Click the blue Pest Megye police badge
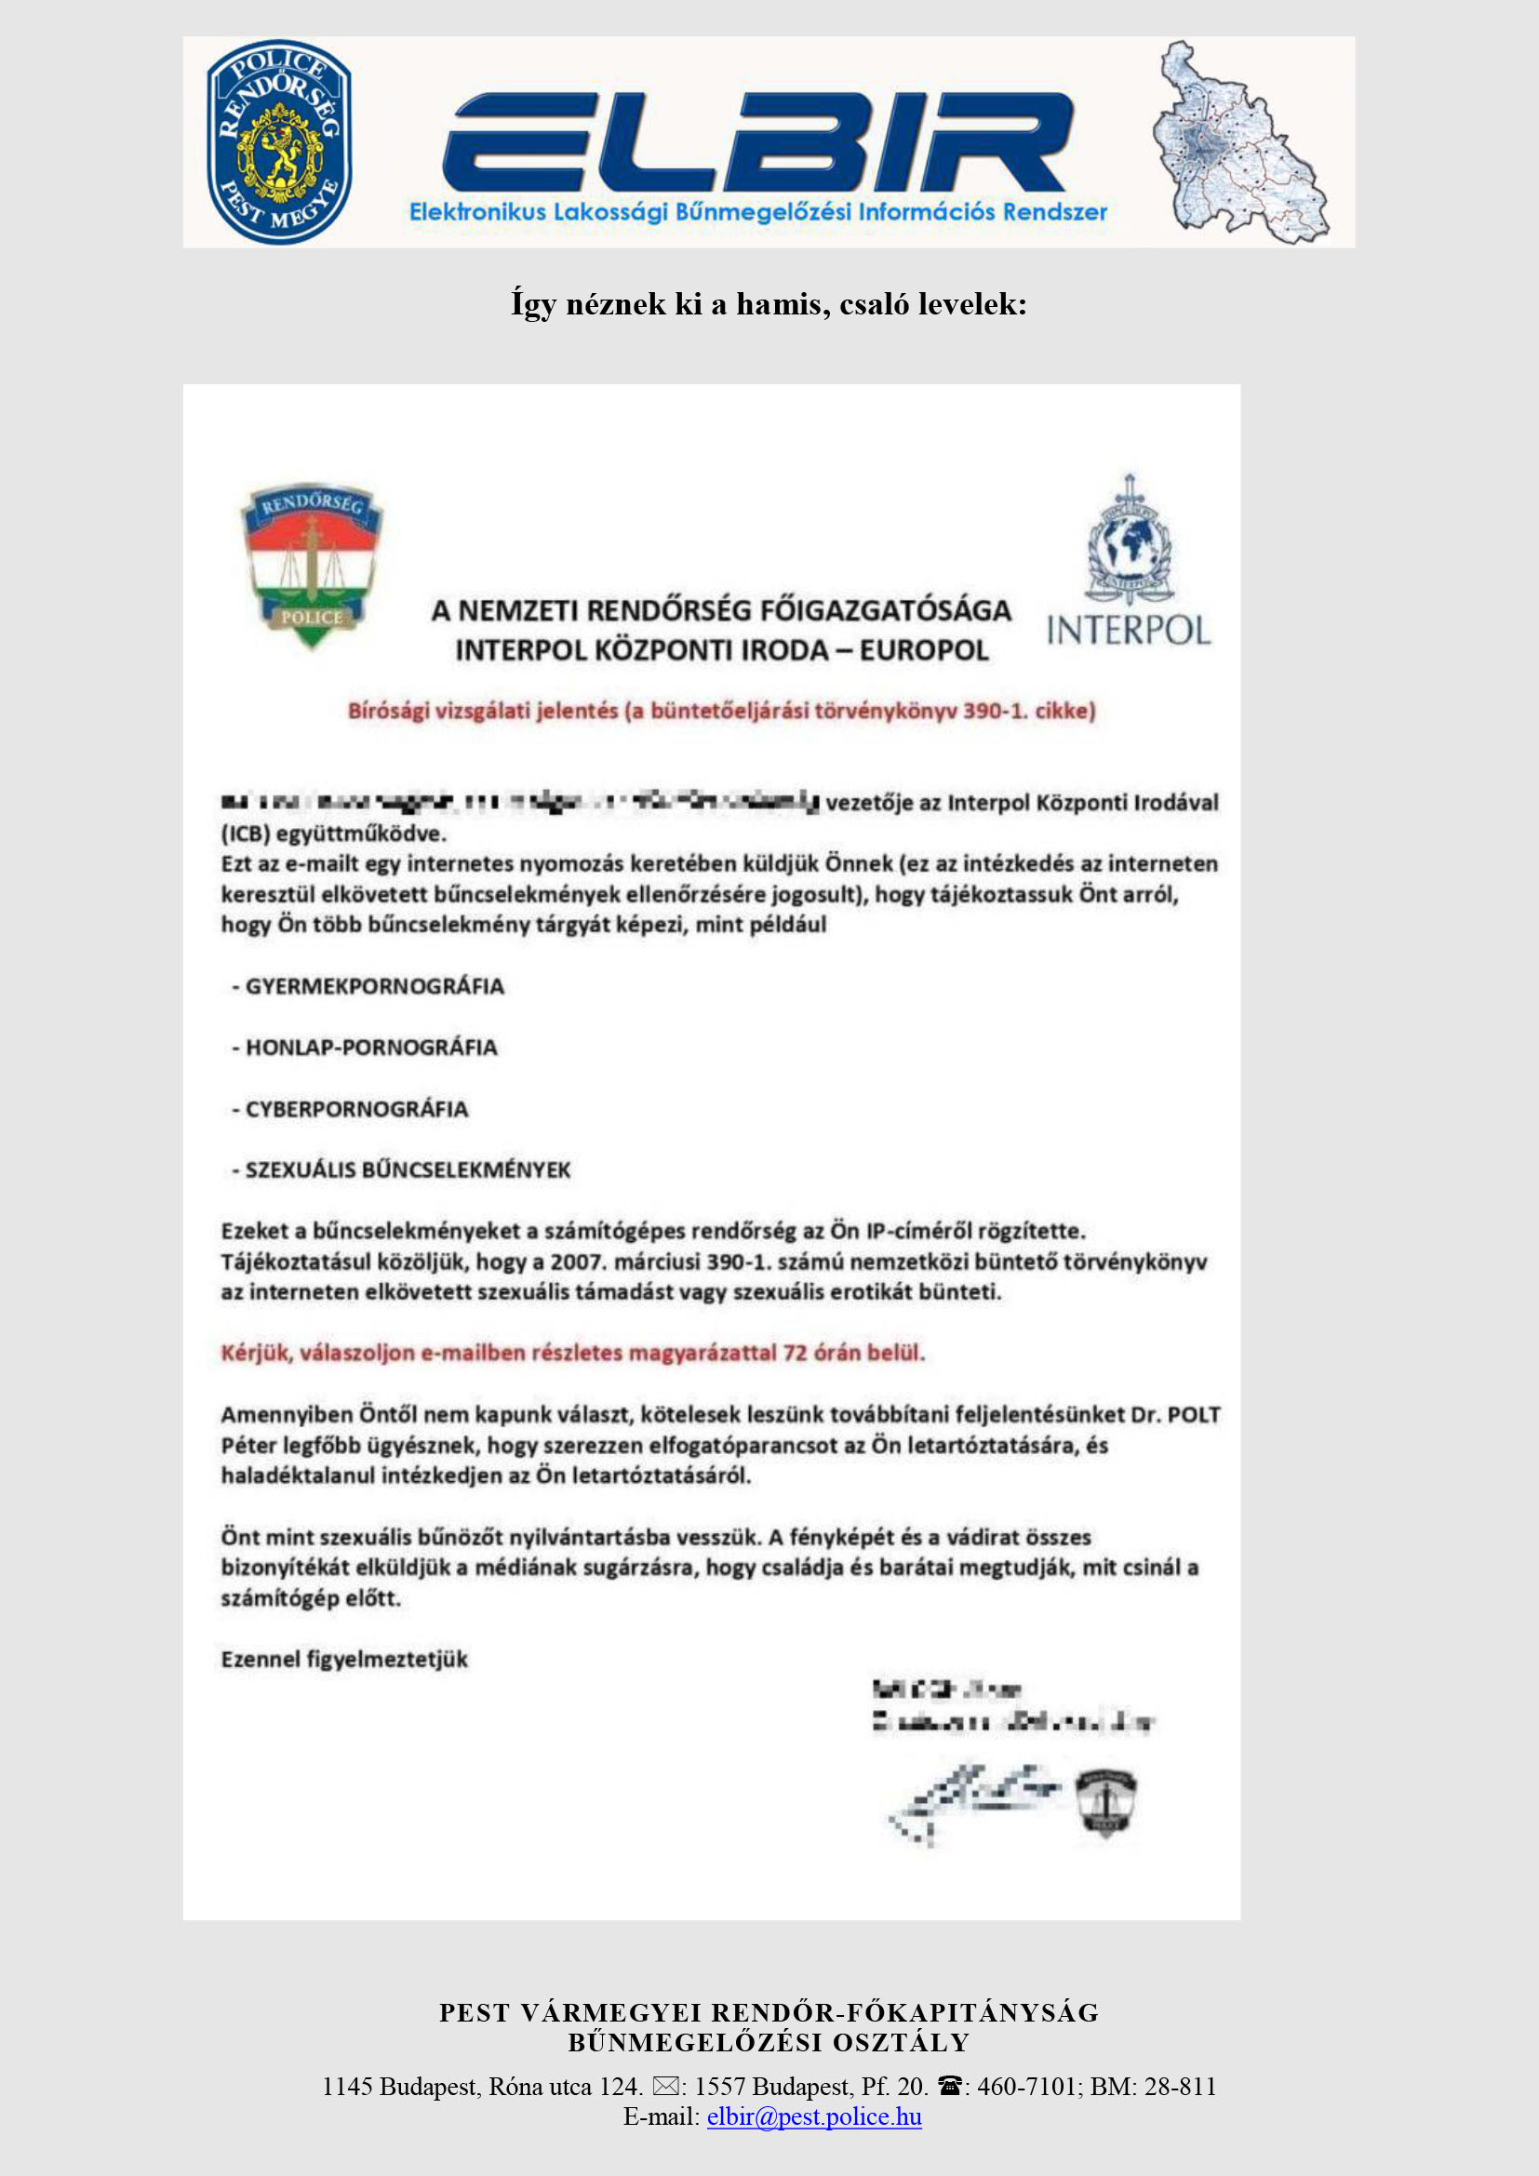279,142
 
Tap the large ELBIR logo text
758,142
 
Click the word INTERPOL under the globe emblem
1129,631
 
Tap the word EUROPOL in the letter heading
924,651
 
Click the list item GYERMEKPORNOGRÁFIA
374,986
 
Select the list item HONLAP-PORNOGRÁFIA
370,1048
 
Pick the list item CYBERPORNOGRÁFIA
356,1110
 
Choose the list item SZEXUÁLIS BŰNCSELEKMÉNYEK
408,1170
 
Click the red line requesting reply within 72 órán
572,1353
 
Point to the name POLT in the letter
1193,1415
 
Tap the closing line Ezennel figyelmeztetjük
344,1660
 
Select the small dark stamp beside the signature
1106,1802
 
